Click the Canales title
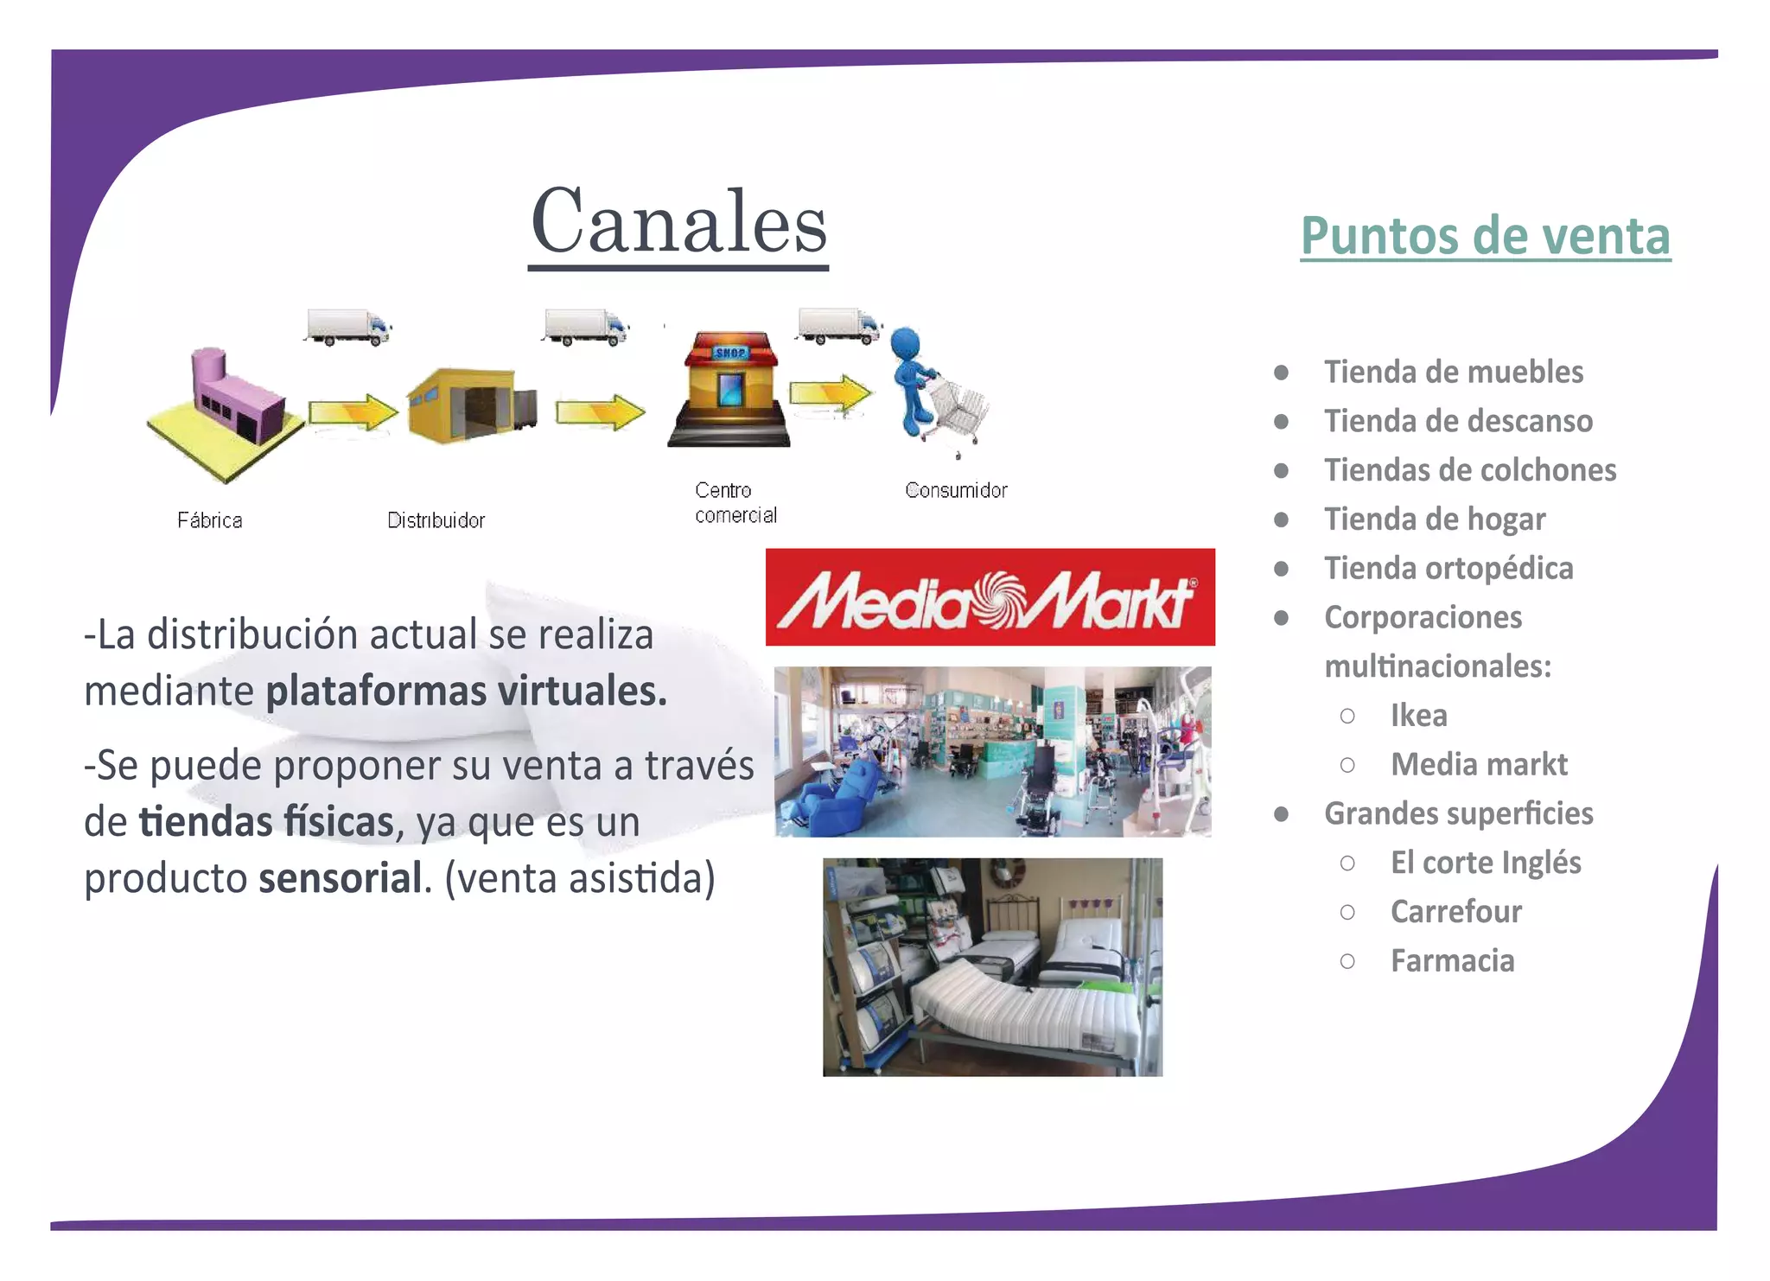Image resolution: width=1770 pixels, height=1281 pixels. pyautogui.click(x=679, y=223)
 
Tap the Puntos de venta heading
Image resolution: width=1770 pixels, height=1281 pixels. pyautogui.click(x=1485, y=236)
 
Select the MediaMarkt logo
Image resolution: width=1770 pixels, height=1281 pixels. pyautogui.click(x=990, y=597)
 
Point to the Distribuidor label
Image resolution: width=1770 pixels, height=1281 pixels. pyautogui.click(x=436, y=520)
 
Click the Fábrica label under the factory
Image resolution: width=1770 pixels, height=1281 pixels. pyautogui.click(x=210, y=520)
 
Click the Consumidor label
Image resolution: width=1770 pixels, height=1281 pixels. pyautogui.click(x=956, y=490)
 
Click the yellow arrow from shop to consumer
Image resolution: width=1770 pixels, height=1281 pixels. pyautogui.click(x=830, y=394)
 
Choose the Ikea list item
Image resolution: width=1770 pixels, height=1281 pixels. pyautogui.click(x=1418, y=716)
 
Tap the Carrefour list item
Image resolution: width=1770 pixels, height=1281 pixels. pyautogui.click(x=1456, y=912)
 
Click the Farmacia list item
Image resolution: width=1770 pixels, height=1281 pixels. pyautogui.click(x=1452, y=961)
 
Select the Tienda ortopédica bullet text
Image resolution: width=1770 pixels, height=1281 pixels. pyautogui.click(x=1448, y=569)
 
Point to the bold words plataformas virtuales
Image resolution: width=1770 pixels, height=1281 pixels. pyautogui.click(x=467, y=691)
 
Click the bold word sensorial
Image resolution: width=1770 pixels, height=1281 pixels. pyautogui.click(x=341, y=878)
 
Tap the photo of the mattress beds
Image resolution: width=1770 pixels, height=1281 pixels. pyautogui.click(x=992, y=966)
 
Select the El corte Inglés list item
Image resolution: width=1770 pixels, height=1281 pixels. pyautogui.click(x=1486, y=863)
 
